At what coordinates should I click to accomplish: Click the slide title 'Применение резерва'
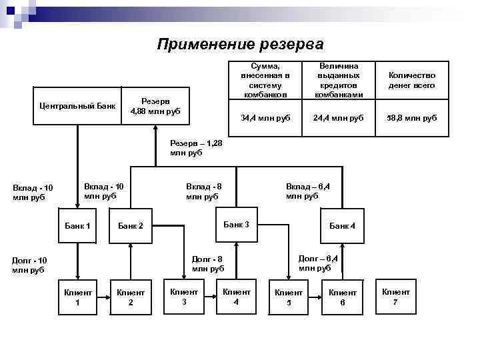tap(240, 45)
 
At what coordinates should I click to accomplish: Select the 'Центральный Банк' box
tap(77, 106)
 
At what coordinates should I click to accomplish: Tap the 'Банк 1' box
tap(78, 226)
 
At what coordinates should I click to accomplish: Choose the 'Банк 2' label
tap(131, 227)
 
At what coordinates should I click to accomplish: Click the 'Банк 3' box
tap(236, 225)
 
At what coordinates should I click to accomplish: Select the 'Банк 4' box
tap(343, 226)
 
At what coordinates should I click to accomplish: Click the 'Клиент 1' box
tap(78, 297)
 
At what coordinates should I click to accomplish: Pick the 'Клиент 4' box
tap(236, 297)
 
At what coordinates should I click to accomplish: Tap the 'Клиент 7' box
tap(395, 297)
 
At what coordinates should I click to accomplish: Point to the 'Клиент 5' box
tap(289, 297)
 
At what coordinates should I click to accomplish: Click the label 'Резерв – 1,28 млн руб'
tap(197, 148)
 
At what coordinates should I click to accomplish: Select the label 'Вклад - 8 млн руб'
tap(203, 191)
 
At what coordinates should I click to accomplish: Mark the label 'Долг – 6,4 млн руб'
tap(317, 263)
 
